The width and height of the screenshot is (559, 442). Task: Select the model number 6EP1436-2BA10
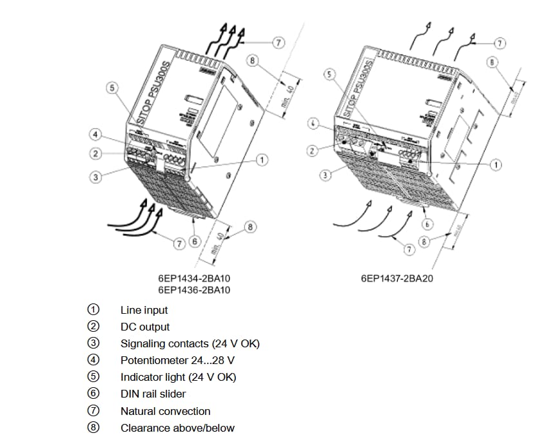tap(194, 291)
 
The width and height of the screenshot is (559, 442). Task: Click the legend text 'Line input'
tap(144, 310)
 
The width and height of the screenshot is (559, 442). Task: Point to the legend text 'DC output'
tap(145, 327)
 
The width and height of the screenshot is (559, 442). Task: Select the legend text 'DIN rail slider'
tap(153, 394)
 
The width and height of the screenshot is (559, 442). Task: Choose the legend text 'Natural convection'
tap(165, 411)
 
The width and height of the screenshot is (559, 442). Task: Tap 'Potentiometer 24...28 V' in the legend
tap(177, 360)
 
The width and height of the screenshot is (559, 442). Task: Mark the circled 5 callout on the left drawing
tap(112, 88)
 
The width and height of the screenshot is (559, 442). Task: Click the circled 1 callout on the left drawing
tap(262, 159)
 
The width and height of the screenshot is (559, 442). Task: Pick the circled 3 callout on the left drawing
tap(95, 177)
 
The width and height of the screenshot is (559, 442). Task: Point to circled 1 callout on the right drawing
tap(495, 166)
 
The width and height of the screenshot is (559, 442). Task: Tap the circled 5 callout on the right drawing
tap(330, 75)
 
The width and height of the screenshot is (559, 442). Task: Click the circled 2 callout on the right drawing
tap(311, 151)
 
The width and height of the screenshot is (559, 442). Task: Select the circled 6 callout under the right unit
tap(427, 224)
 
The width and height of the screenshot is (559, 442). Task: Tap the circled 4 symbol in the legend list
tap(93, 360)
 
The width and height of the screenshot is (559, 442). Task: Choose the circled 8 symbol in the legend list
tap(93, 428)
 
